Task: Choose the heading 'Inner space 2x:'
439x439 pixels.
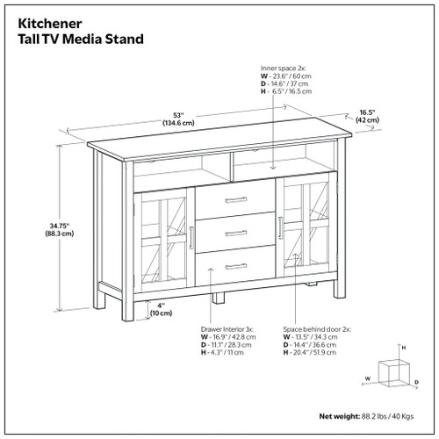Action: (x=284, y=68)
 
